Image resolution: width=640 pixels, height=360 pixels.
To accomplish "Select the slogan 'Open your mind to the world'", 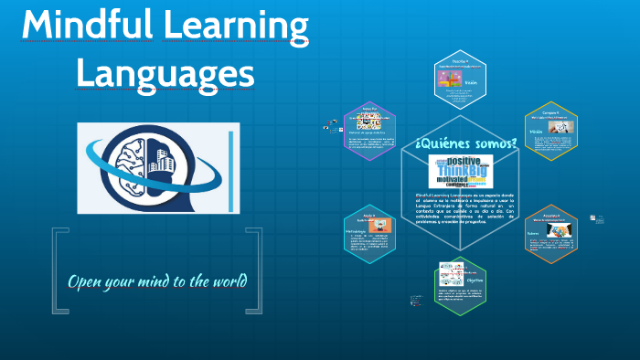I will point(157,279).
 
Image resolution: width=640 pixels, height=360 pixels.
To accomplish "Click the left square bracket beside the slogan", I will point(59,272).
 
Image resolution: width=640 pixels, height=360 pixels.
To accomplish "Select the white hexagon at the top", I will point(461,88).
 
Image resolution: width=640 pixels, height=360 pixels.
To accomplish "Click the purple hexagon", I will point(370,133).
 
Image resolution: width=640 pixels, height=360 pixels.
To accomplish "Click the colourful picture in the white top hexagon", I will point(449,81).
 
